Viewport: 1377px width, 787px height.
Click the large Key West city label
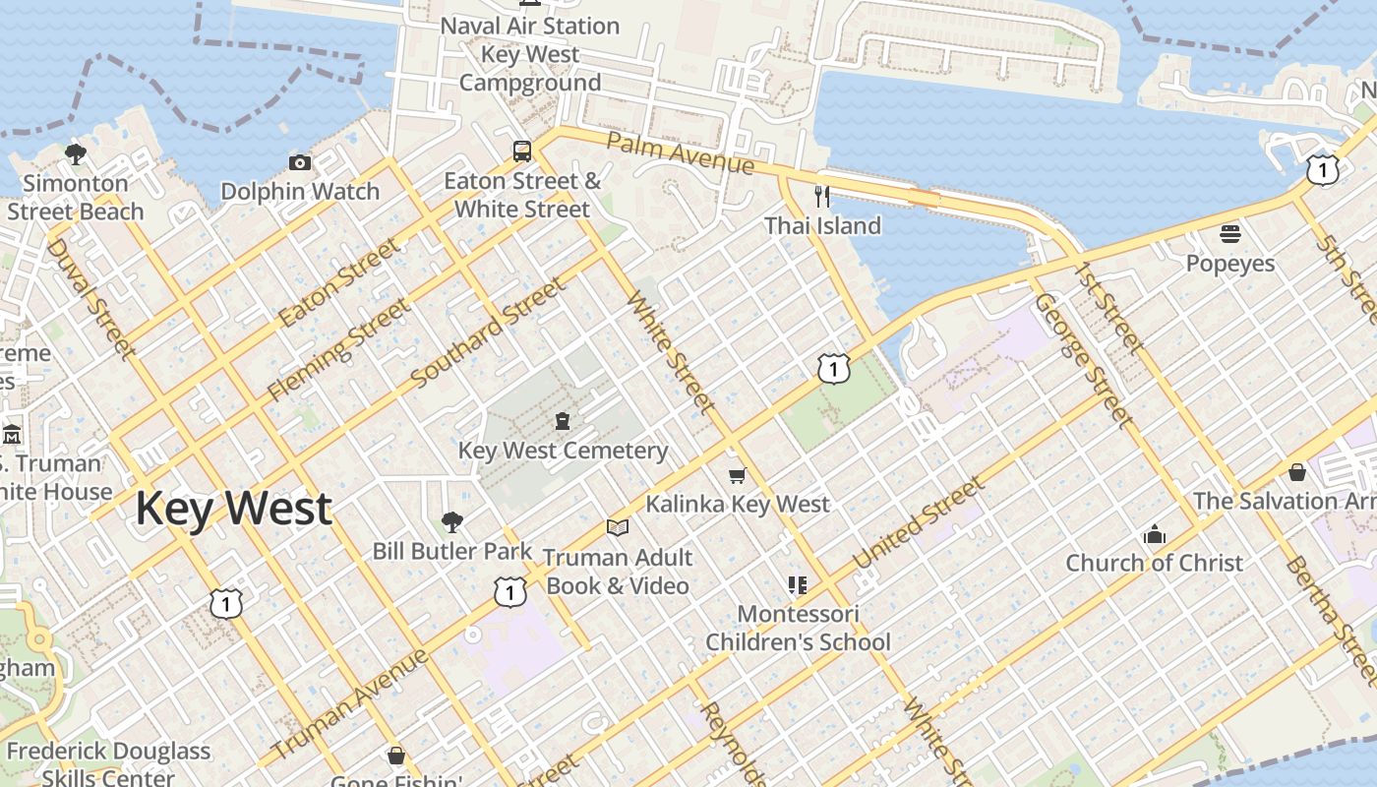click(233, 509)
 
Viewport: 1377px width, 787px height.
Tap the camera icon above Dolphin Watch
click(300, 162)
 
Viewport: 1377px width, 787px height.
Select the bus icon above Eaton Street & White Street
click(522, 151)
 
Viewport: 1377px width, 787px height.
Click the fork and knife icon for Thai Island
click(822, 197)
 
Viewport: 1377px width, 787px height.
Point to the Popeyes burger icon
click(1230, 234)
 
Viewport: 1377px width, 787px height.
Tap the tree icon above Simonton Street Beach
click(76, 154)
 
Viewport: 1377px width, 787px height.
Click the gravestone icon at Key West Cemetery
click(563, 421)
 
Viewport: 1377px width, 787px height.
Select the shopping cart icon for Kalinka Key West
click(737, 475)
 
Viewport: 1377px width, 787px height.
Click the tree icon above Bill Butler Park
click(452, 521)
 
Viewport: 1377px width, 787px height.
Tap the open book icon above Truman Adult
click(618, 528)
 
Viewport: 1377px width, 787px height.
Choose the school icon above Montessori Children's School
click(798, 585)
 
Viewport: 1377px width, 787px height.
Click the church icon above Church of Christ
click(1155, 535)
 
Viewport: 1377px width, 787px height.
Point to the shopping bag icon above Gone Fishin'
click(396, 756)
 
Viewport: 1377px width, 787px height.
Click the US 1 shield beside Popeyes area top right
click(1323, 170)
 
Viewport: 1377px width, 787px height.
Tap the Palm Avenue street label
click(680, 153)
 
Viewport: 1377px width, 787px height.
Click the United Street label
click(919, 523)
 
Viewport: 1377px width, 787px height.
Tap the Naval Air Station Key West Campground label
click(530, 54)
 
